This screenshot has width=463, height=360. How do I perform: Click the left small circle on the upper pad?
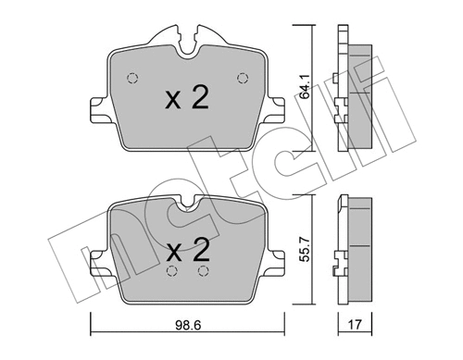click(x=131, y=77)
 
